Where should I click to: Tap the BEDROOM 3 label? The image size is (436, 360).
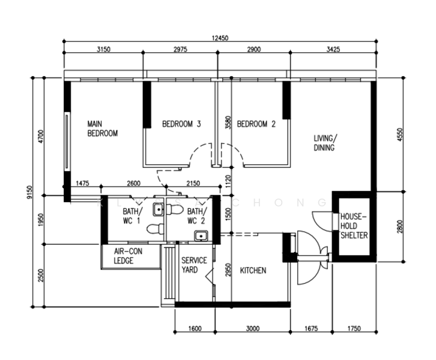coord(181,125)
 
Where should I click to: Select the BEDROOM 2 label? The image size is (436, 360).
coord(256,125)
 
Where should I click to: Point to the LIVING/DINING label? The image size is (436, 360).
coord(324,143)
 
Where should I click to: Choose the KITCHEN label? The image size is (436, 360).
coord(253,271)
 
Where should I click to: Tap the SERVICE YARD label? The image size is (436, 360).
coord(194,265)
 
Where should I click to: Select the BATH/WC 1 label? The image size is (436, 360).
coord(132,216)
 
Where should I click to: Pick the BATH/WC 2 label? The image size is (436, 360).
coord(196,216)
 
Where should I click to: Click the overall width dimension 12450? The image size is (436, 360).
coord(220,38)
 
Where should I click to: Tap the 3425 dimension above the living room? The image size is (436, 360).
coord(332,50)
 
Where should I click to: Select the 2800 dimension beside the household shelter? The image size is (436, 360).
coord(401,226)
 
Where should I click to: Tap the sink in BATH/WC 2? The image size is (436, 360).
coord(202,235)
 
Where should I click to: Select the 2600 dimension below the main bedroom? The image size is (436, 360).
coord(133,183)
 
